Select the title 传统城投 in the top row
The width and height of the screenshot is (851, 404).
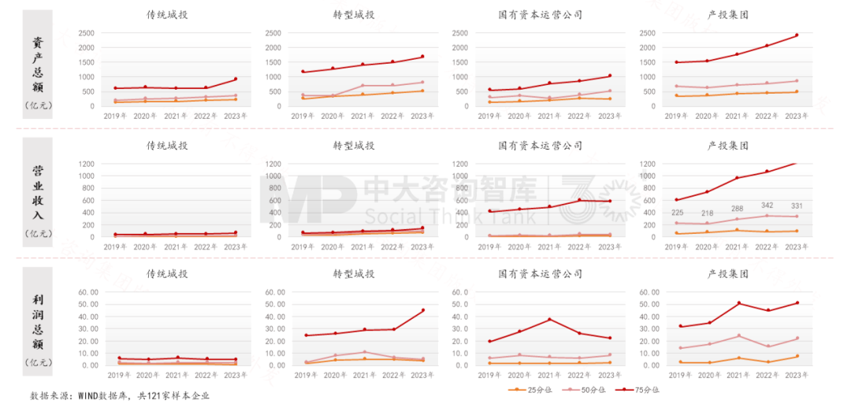click(167, 15)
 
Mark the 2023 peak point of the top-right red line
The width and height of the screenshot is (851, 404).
click(796, 35)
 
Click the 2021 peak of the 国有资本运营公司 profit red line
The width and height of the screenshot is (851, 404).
click(549, 320)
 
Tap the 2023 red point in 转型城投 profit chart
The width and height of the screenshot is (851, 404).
click(422, 310)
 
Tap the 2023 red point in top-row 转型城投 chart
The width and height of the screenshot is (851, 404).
click(422, 57)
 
